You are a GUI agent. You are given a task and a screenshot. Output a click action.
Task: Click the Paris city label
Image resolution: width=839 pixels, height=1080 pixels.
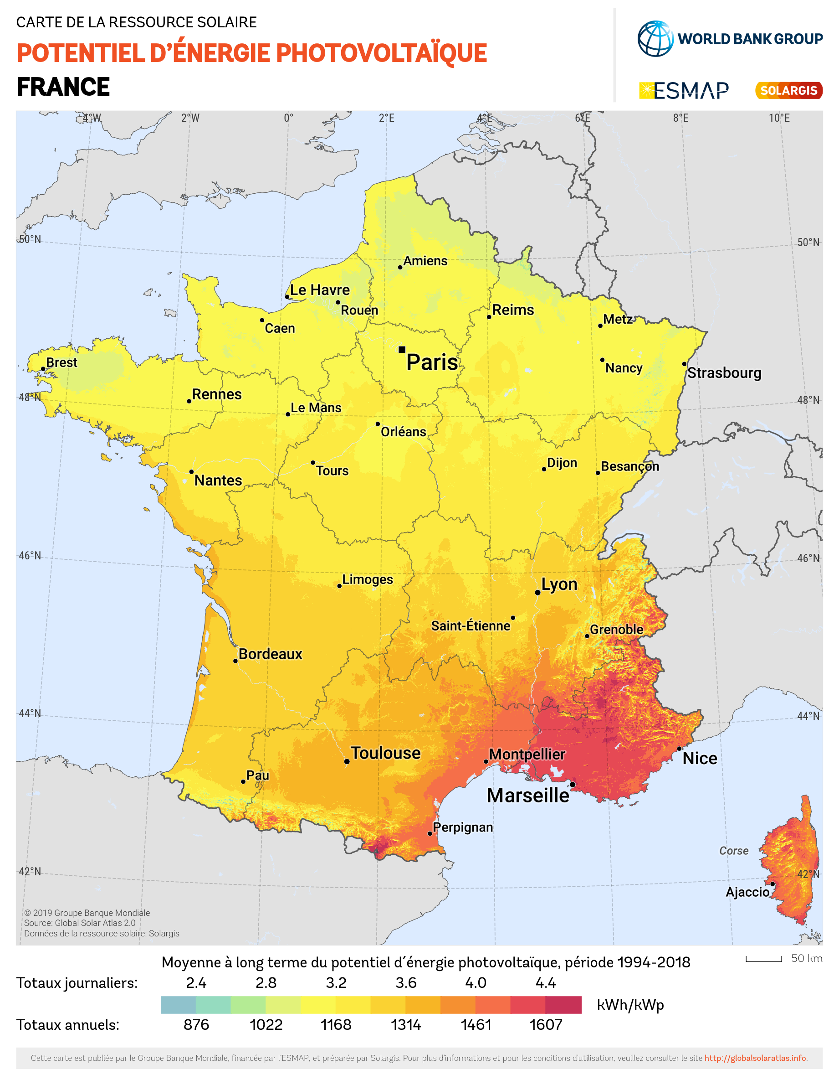coord(432,362)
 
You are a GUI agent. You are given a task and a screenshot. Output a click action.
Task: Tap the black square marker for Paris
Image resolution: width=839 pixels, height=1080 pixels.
coord(402,350)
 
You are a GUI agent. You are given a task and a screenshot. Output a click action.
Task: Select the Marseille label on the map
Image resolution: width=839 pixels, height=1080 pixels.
coord(528,796)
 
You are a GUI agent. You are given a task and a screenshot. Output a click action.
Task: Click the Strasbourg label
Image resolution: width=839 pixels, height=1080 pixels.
coord(724,373)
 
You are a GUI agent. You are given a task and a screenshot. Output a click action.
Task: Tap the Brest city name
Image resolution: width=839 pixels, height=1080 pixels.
coord(62,363)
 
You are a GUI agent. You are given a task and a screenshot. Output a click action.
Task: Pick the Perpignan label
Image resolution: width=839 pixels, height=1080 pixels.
coord(463,827)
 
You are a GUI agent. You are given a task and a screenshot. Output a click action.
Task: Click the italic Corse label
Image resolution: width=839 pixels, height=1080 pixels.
coord(733,851)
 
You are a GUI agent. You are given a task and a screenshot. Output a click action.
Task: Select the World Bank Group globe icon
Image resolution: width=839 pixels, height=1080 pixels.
coord(655,39)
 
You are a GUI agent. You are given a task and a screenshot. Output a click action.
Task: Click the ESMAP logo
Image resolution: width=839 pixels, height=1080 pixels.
coord(684,91)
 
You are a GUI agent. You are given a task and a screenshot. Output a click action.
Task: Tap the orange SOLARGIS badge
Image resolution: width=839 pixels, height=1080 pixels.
coord(788,91)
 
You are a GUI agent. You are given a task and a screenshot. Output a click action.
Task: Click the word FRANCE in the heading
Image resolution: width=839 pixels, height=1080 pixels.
coord(63,87)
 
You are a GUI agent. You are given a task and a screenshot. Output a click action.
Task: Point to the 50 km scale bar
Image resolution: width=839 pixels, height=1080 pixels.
coord(763,959)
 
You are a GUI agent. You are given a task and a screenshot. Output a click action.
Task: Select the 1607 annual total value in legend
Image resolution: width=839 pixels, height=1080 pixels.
coord(546,1025)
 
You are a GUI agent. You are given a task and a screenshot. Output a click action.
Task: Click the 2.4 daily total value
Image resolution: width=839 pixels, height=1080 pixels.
coord(196,982)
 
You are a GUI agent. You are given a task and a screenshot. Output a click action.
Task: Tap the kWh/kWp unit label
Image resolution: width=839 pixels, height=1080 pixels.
coord(630,1005)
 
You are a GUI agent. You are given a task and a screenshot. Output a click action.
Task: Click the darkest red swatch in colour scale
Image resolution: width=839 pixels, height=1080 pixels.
coord(563,1005)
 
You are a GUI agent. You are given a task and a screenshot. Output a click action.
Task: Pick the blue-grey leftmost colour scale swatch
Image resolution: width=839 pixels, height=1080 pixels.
coord(178,1005)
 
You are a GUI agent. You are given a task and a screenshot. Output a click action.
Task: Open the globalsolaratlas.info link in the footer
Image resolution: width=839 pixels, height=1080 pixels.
coord(755,1058)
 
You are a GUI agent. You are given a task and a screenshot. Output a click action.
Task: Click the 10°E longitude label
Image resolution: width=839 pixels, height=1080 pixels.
coord(779,118)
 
